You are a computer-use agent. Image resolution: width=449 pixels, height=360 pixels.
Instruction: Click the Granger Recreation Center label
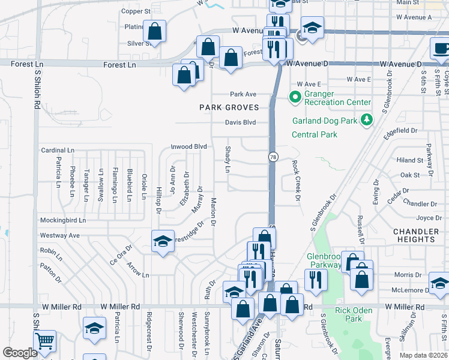point(337,98)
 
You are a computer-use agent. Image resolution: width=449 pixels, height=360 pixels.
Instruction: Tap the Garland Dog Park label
point(325,120)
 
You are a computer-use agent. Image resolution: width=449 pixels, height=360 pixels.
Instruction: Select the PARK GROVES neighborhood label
point(230,107)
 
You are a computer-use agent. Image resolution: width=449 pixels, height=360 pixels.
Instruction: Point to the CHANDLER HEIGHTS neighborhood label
point(415,235)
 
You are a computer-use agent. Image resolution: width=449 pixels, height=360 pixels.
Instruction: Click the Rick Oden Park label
point(354,314)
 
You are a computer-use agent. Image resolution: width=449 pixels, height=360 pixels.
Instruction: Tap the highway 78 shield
point(273,157)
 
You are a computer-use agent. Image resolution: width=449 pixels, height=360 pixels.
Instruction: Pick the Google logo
point(20,352)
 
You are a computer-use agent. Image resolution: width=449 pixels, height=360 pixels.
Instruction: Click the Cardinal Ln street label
point(57,150)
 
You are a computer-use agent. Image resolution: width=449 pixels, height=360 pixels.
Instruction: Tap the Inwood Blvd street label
point(188,146)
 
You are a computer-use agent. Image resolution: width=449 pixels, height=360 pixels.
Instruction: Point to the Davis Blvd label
point(240,122)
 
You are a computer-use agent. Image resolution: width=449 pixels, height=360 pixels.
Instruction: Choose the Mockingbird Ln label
point(63,220)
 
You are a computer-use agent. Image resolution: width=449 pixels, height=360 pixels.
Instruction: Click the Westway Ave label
point(59,235)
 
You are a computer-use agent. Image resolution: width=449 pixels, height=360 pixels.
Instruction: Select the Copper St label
point(136,11)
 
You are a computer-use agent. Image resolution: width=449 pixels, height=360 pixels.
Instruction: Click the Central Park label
point(314,134)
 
